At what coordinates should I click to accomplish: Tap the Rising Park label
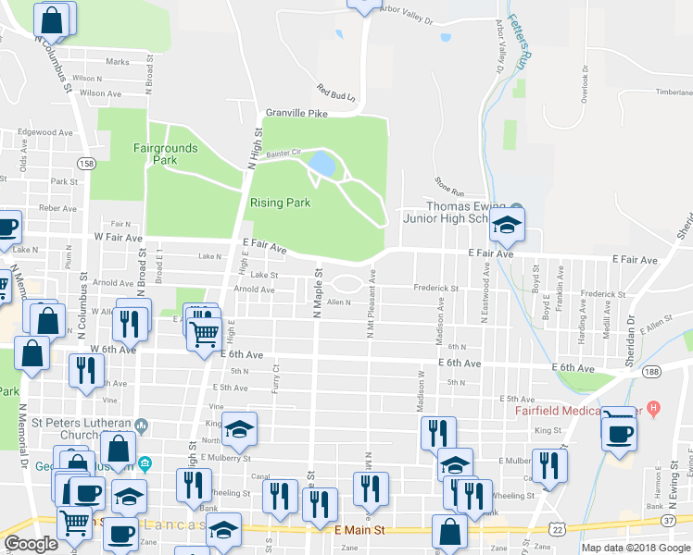point(279,203)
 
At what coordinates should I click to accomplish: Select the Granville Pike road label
point(297,113)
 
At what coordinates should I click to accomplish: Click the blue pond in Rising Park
point(321,164)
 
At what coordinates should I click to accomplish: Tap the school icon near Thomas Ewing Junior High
point(507,224)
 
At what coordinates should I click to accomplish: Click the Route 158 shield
point(86,164)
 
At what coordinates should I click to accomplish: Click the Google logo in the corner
point(31,544)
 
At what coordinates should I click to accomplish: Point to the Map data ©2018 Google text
point(636,548)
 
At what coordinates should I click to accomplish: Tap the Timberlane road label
point(674,92)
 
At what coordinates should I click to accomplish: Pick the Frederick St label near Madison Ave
point(435,289)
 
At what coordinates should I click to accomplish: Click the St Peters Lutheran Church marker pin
point(141,425)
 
